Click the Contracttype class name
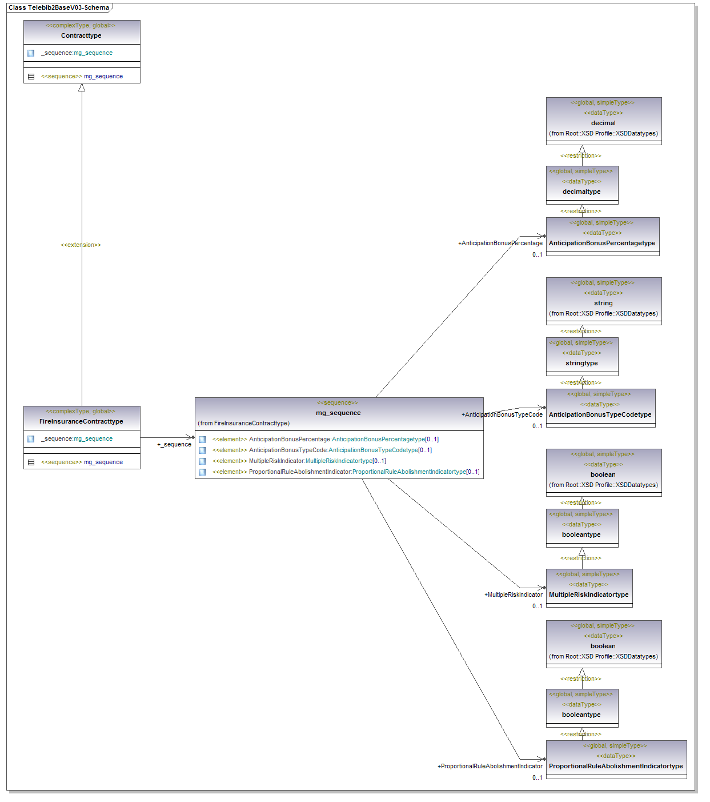pyautogui.click(x=81, y=35)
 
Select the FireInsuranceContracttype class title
pyautogui.click(x=81, y=421)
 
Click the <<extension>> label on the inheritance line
pyautogui.click(x=81, y=245)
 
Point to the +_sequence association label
pyautogui.click(x=174, y=445)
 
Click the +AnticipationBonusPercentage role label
pyautogui.click(x=500, y=244)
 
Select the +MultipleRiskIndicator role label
pyautogui.click(x=514, y=595)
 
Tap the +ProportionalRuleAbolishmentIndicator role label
pyautogui.click(x=490, y=767)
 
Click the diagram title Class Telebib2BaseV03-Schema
pyautogui.click(x=59, y=8)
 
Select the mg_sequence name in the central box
pyautogui.click(x=338, y=413)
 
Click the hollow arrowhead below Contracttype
pyautogui.click(x=82, y=88)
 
